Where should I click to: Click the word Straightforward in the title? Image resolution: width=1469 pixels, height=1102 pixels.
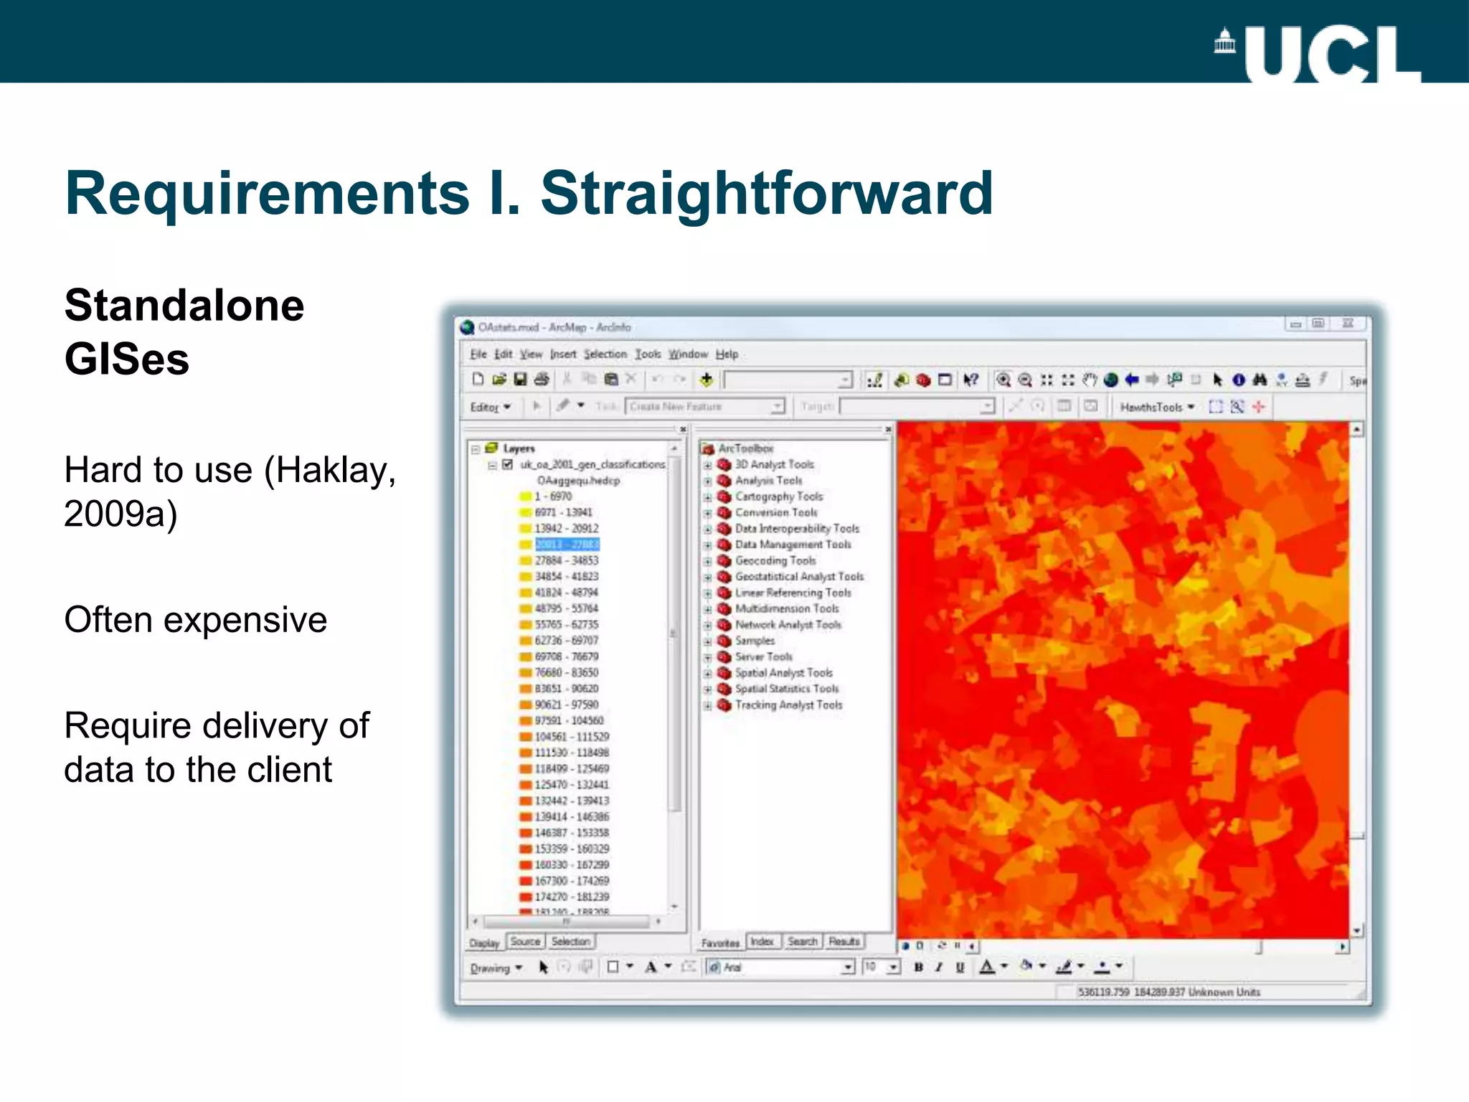[766, 193]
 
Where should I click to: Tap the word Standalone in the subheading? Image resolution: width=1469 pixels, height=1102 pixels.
[184, 305]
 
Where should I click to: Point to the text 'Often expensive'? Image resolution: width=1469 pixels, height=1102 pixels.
[195, 619]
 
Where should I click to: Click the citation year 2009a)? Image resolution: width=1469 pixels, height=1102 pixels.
[121, 514]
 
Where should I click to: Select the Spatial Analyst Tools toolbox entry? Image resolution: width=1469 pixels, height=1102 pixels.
[783, 673]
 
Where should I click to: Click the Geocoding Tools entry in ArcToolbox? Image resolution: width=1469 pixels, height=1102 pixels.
[775, 561]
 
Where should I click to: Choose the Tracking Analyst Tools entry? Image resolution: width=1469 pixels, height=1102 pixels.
[788, 705]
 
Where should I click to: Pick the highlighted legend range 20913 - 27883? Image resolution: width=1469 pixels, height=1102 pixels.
[567, 545]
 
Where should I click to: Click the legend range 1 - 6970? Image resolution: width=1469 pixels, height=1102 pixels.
[552, 496]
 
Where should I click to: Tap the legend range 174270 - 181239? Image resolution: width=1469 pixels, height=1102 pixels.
[572, 897]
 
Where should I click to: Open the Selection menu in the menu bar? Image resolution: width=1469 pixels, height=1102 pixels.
[605, 354]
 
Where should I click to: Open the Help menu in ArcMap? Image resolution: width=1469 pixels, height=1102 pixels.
[727, 354]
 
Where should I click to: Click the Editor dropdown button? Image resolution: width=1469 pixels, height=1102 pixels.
[490, 407]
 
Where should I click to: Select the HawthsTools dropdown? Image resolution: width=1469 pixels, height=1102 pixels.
[1156, 407]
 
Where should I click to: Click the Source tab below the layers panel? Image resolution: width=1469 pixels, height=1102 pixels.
[525, 941]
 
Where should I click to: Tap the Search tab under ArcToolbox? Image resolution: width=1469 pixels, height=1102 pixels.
[802, 941]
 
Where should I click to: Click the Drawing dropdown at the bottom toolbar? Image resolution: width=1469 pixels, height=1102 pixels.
[496, 968]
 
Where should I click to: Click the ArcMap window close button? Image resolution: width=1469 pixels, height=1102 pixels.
[1348, 324]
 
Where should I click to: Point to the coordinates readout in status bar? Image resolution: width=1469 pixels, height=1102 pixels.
[1168, 992]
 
